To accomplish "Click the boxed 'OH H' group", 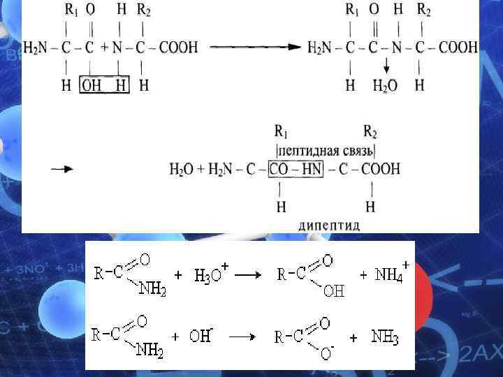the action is [x=104, y=84].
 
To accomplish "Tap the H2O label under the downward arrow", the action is [x=385, y=85].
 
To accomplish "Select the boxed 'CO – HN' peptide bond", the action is [x=296, y=169].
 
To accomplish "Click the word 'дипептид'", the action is [x=329, y=225].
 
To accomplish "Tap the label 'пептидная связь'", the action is [x=326, y=150].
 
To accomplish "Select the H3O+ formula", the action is [x=207, y=274].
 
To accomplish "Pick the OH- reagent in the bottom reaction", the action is [x=201, y=336].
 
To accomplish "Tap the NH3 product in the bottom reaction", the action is [x=385, y=337].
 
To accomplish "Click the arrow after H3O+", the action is [x=247, y=274].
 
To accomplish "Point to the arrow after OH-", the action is [x=242, y=337].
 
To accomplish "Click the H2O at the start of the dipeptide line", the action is [x=181, y=169].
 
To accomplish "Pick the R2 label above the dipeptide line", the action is [x=372, y=131].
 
